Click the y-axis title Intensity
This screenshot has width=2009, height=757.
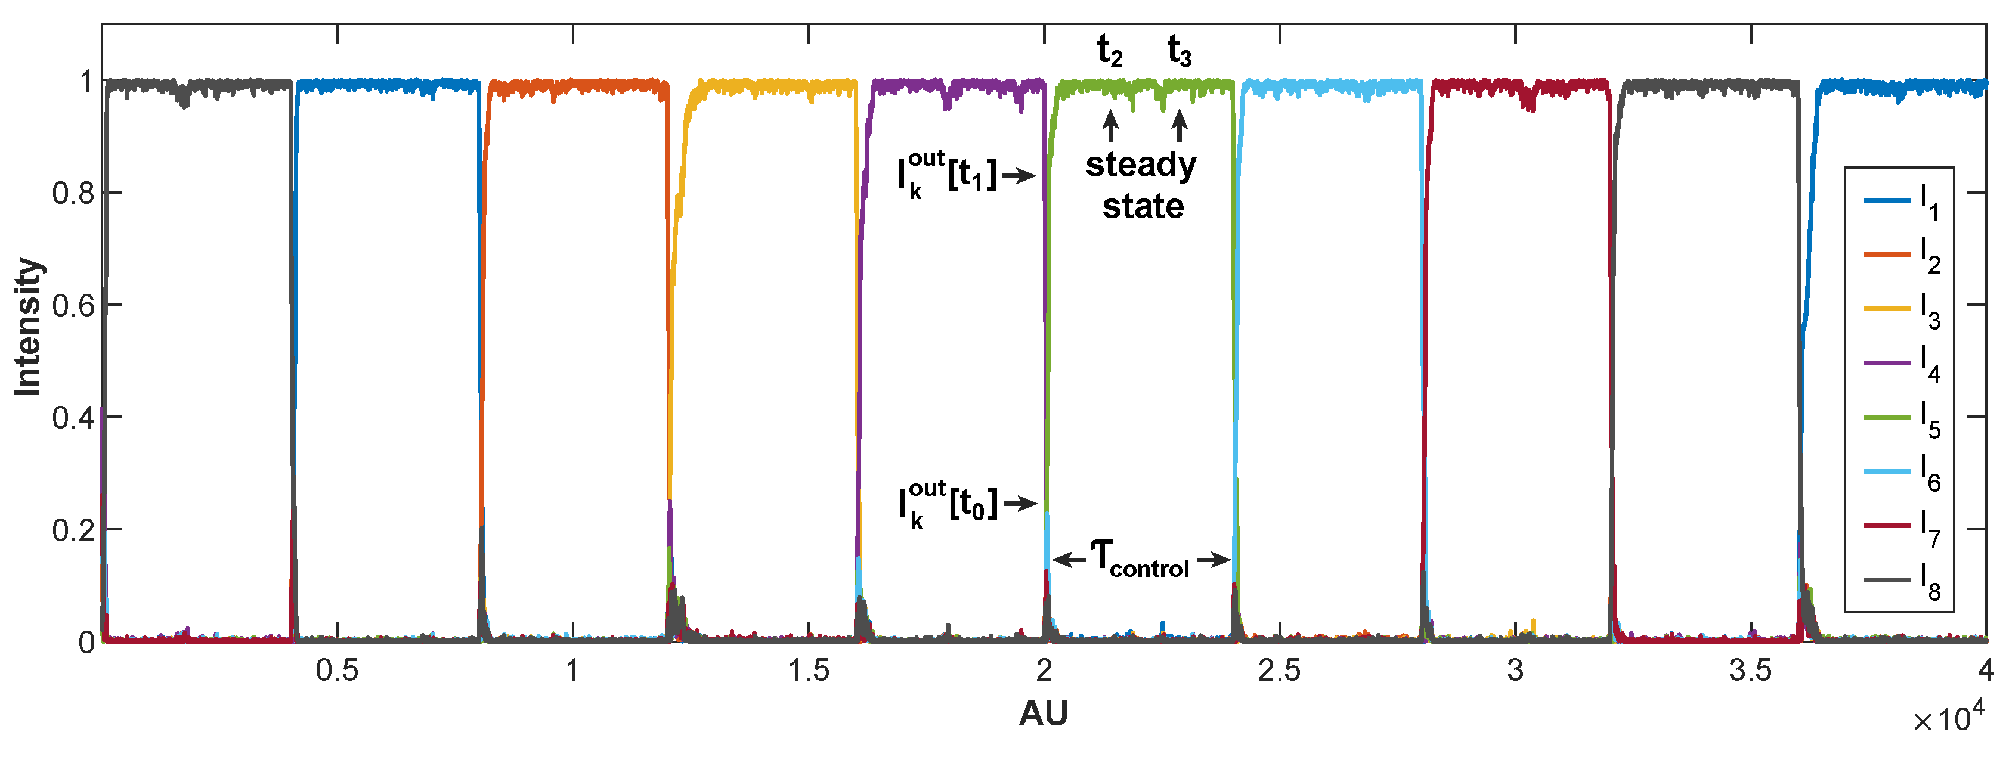click(x=28, y=327)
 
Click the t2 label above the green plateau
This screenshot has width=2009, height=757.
click(x=1110, y=51)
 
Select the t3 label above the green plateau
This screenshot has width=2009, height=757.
click(x=1179, y=51)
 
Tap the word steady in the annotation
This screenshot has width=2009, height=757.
click(x=1141, y=165)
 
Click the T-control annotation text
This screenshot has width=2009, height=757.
click(x=1140, y=560)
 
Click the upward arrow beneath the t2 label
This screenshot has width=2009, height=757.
click(x=1110, y=126)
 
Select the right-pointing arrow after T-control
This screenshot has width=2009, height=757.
click(x=1214, y=560)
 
